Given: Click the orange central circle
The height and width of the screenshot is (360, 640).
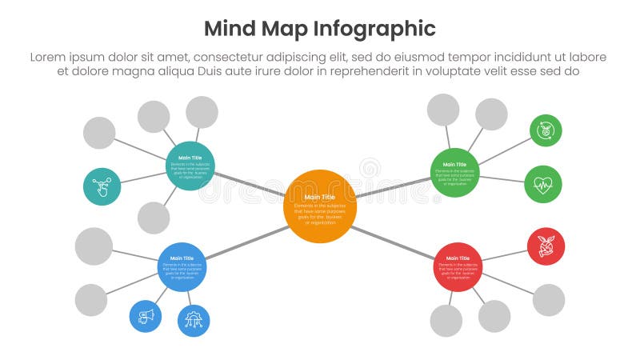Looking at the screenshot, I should click(320, 206).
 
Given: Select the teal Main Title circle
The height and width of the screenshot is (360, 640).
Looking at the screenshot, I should click(190, 166).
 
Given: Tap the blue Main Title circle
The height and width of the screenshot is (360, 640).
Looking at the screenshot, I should click(182, 266).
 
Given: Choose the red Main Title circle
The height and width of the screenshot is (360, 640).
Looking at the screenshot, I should click(458, 266).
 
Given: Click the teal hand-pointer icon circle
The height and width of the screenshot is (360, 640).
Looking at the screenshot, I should click(102, 186).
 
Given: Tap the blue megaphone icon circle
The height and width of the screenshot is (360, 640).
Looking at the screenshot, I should click(146, 315).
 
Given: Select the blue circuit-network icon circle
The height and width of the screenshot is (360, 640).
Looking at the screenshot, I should click(194, 320).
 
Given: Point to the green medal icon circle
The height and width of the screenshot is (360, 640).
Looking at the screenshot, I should click(546, 130).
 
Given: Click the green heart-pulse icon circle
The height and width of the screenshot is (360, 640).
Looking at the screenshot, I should click(543, 185).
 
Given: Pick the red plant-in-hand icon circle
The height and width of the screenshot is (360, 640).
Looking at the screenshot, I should click(546, 246).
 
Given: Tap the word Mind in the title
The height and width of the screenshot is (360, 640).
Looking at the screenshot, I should click(227, 29).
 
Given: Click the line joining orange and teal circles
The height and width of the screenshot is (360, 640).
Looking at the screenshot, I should click(250, 183).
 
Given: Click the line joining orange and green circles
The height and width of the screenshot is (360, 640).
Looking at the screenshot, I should click(394, 189).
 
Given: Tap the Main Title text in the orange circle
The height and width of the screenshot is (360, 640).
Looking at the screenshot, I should click(320, 197).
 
